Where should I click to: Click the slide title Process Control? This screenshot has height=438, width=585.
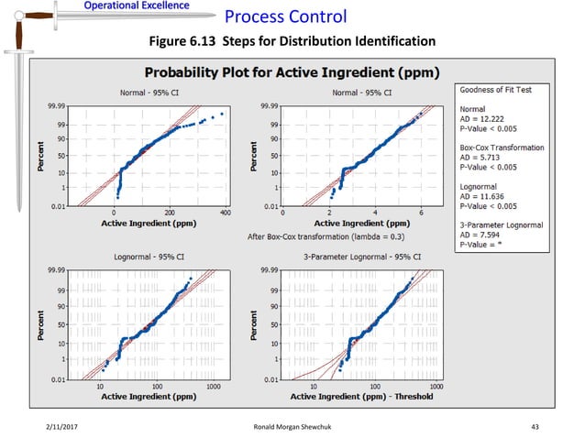[285, 16]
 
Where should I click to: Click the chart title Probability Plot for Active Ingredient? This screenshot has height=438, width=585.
[292, 71]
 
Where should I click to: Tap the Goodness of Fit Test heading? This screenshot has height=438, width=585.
[495, 91]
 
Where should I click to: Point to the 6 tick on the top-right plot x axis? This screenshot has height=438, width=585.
[420, 213]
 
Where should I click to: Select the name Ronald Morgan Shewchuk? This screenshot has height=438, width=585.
[292, 426]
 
